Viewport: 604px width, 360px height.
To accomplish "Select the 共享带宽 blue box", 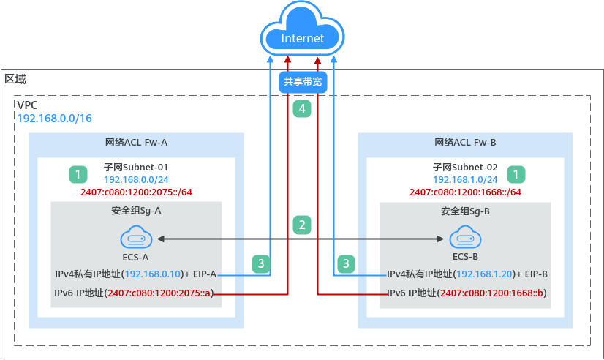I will pos(302,83).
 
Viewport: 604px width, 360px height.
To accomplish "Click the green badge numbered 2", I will pos(302,225).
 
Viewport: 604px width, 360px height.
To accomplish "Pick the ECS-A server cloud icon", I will pos(136,239).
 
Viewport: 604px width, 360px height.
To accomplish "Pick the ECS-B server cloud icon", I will pos(464,239).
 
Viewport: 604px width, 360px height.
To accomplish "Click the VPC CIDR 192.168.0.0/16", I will pos(54,118).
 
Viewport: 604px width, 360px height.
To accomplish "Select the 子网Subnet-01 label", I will pos(137,167).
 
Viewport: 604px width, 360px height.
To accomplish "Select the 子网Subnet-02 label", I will pos(465,167).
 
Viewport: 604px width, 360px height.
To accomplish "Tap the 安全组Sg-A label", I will pos(137,212).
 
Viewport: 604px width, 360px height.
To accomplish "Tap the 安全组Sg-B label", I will pos(465,212).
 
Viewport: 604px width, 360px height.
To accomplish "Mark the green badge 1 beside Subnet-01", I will pos(78,174).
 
